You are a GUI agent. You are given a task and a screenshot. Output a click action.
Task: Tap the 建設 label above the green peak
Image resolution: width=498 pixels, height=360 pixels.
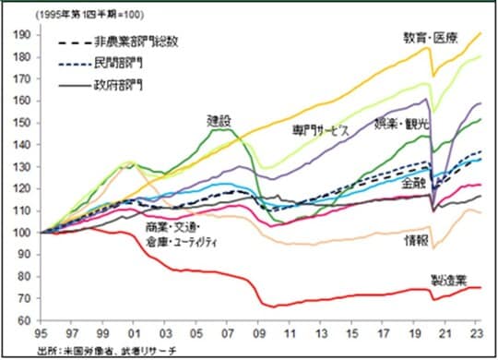click(219, 120)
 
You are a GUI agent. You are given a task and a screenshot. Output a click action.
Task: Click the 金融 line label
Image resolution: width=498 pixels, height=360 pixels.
click(414, 184)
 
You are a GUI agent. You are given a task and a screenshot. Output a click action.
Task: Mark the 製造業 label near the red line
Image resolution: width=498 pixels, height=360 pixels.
click(449, 278)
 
